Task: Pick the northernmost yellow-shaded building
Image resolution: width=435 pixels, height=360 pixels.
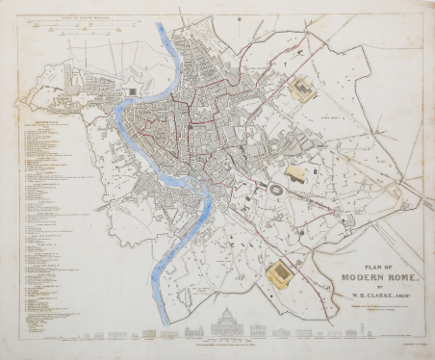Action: point(301,91)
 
